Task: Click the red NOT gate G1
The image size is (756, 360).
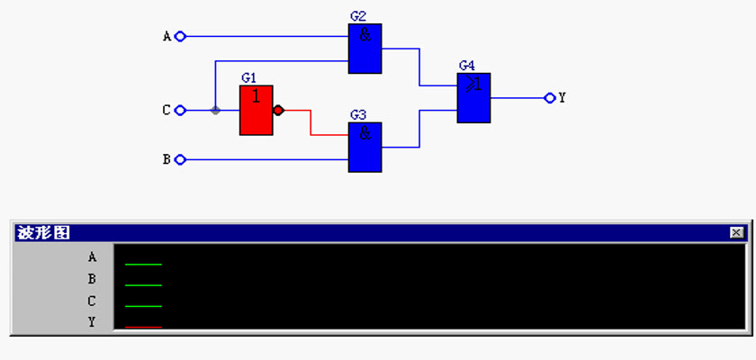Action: pos(256,111)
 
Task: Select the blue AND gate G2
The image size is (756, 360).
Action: pos(365,49)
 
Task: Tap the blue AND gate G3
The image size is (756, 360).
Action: pos(365,147)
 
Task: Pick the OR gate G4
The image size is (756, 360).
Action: pos(474,98)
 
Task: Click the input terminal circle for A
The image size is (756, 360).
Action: pos(180,36)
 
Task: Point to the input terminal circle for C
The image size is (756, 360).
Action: pos(180,111)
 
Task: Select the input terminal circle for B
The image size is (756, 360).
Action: pos(180,159)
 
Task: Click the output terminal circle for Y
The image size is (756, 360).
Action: pos(550,98)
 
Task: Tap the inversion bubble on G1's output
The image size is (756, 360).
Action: pos(278,111)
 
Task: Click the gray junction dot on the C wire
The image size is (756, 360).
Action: pos(215,111)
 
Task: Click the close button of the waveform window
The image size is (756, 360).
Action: pos(736,233)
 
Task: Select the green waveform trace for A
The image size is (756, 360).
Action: pos(143,264)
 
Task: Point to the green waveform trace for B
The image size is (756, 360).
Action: pos(143,285)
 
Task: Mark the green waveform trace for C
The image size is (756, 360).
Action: pos(143,306)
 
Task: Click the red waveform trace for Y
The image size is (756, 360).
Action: pos(143,328)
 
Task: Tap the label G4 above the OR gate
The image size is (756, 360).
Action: pos(467,66)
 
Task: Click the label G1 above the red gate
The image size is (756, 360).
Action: pos(248,78)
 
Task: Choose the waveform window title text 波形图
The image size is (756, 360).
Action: pos(43,233)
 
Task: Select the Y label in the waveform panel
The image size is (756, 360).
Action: pos(92,322)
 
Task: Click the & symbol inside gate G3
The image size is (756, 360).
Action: pos(365,133)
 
